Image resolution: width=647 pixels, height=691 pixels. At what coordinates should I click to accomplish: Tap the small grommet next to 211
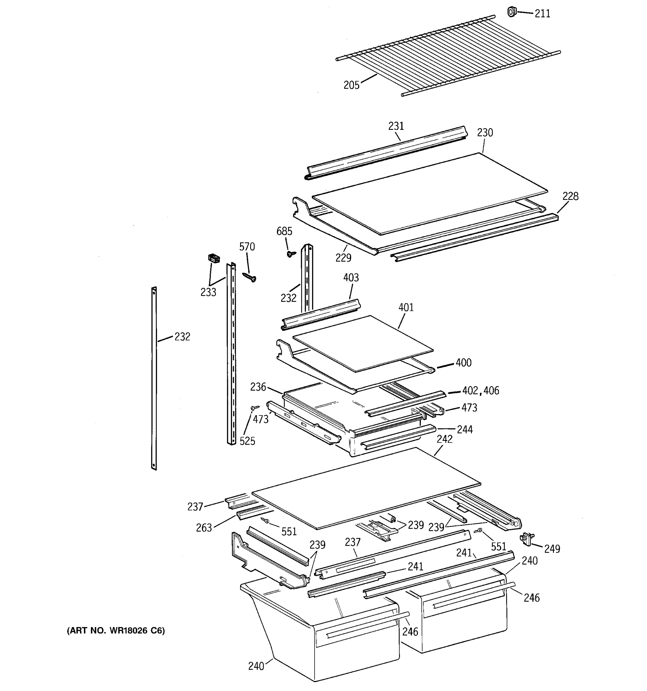click(512, 12)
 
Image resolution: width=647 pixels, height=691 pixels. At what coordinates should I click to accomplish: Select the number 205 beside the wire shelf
click(351, 85)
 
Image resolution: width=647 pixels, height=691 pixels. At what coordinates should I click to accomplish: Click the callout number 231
click(396, 126)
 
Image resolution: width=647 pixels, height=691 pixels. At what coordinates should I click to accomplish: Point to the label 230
click(485, 132)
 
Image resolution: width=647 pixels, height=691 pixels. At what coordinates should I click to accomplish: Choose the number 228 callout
click(570, 196)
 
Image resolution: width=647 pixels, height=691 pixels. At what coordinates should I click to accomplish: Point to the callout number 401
click(406, 307)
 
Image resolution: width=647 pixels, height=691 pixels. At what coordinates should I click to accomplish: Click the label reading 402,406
click(481, 391)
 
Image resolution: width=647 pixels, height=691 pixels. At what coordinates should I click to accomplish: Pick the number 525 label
click(247, 441)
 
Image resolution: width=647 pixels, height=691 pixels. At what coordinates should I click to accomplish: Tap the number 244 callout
click(464, 430)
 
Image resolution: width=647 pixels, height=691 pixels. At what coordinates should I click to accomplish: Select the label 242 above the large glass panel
click(445, 439)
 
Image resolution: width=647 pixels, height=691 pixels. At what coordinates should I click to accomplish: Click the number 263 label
click(204, 528)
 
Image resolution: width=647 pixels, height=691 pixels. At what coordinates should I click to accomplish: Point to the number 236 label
click(258, 387)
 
